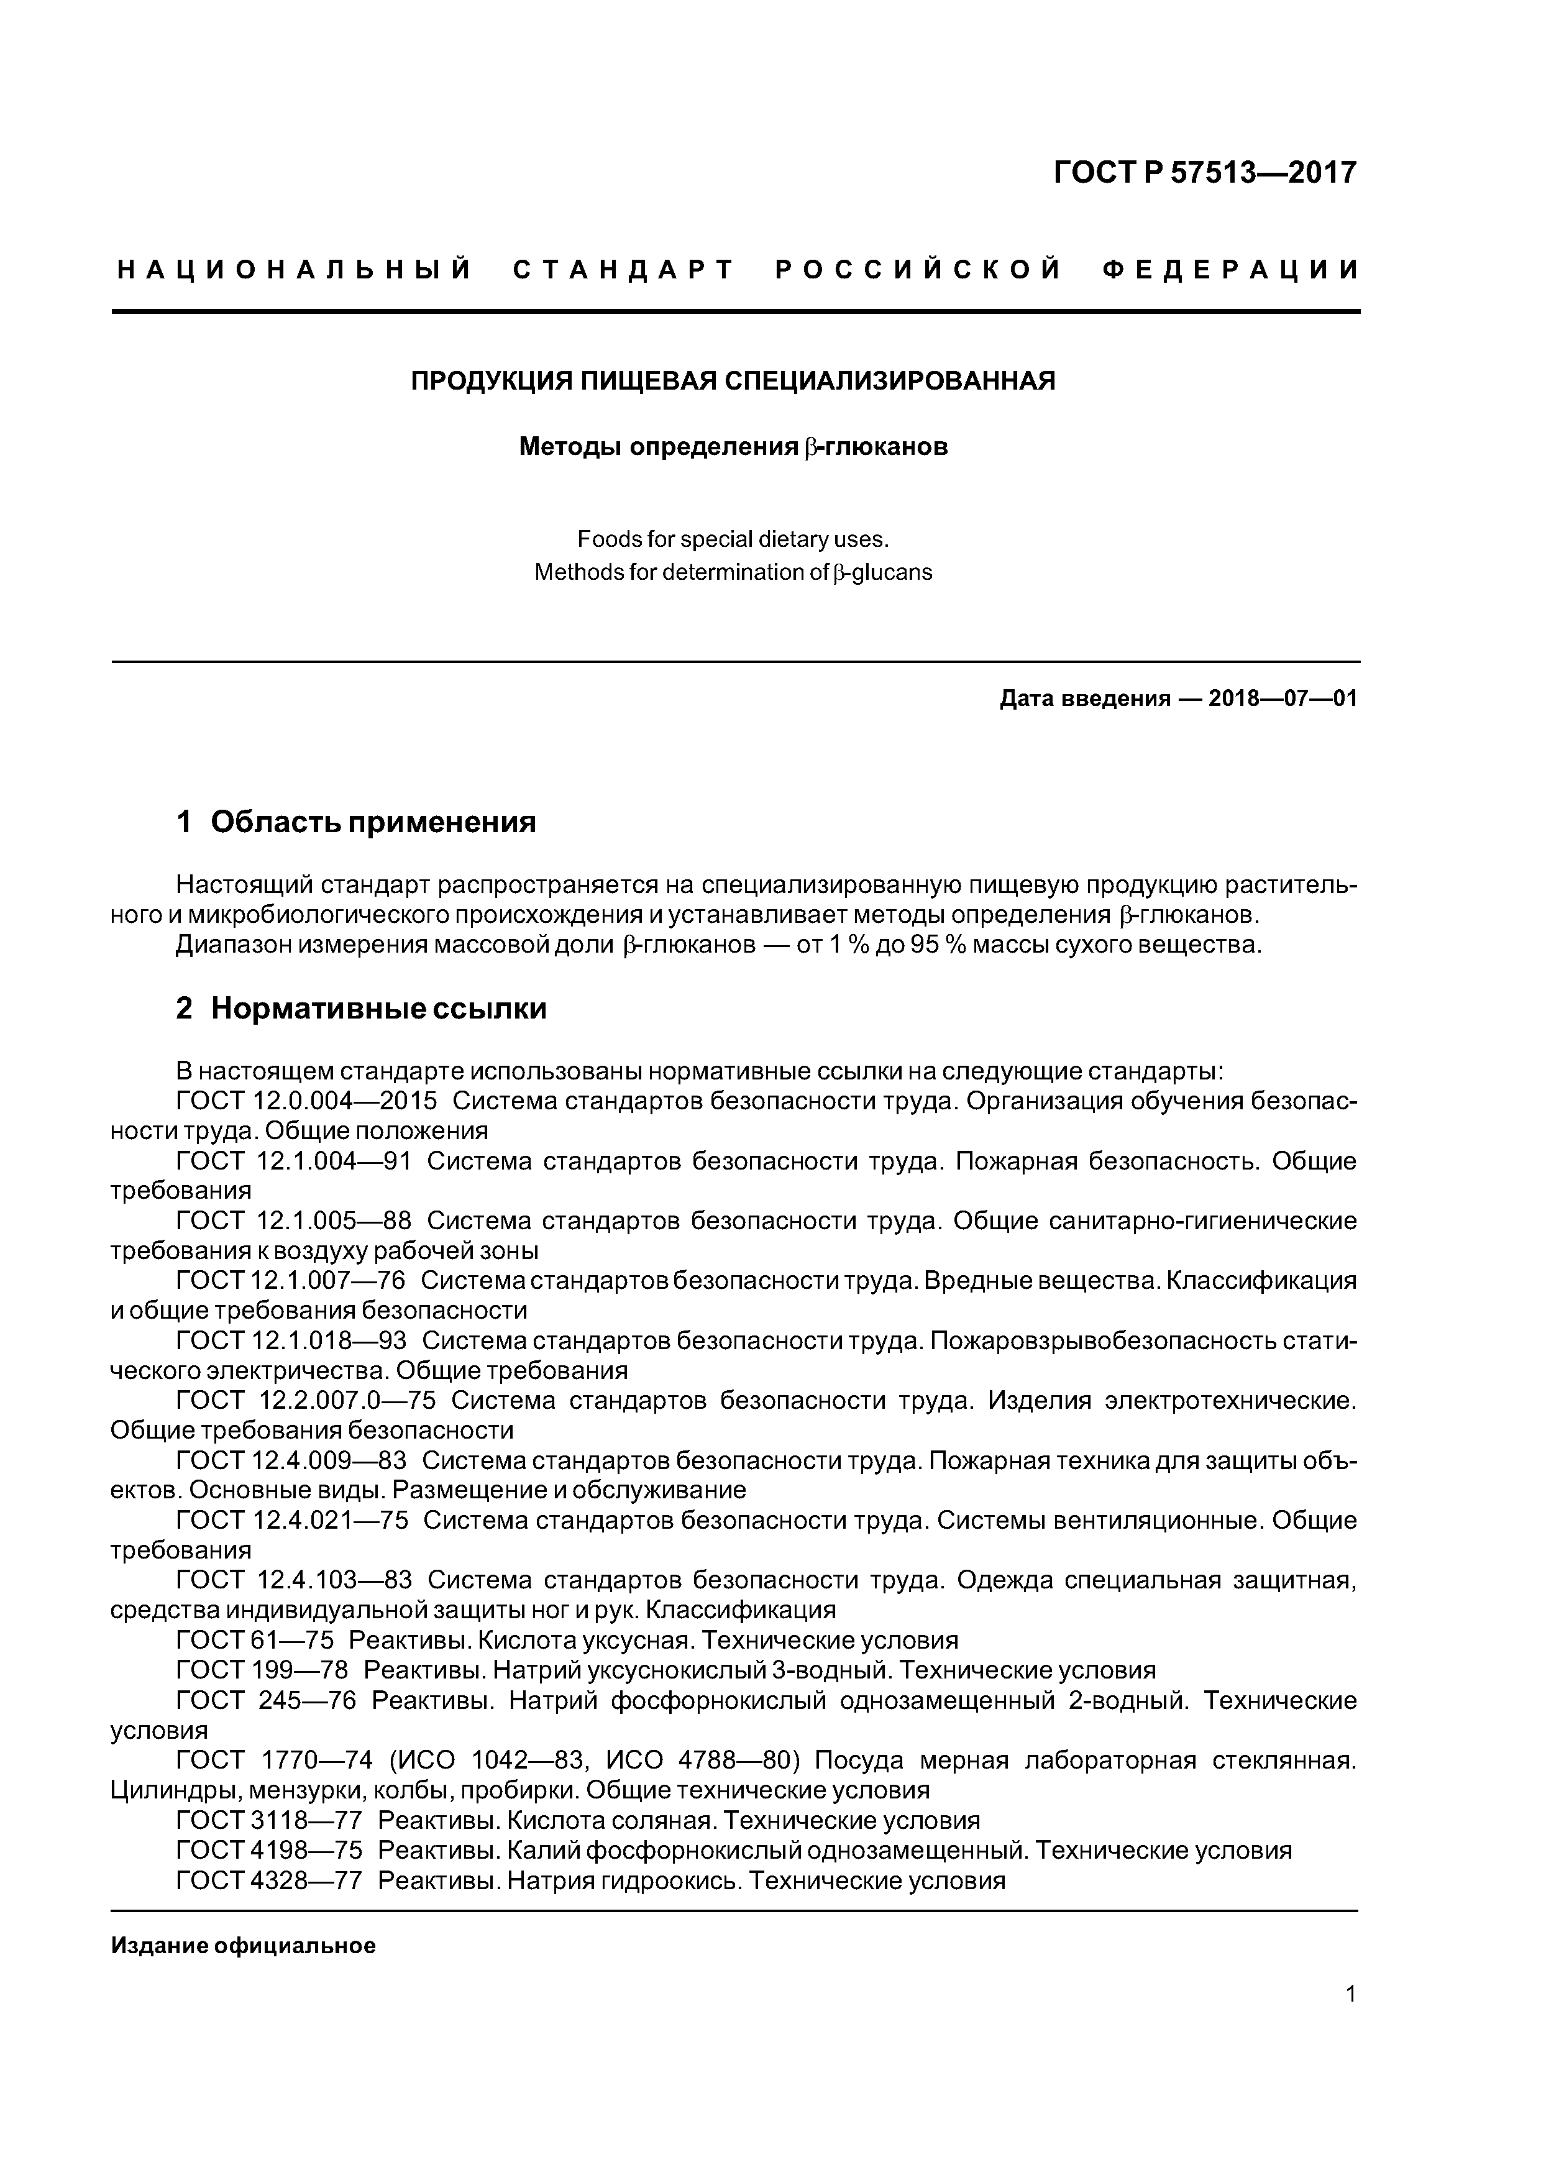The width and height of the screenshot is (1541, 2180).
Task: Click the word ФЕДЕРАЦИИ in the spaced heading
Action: (1230, 270)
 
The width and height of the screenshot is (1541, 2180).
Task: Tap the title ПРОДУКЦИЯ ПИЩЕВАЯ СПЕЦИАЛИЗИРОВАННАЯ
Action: (733, 382)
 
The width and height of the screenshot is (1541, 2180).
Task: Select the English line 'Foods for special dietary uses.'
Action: (733, 539)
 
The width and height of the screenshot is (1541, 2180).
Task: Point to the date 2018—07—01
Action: (1283, 699)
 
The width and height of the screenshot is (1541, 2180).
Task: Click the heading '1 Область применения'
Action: (356, 822)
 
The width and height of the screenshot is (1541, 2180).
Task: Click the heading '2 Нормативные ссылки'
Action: (361, 1009)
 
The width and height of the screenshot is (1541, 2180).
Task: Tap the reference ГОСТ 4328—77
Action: (268, 1880)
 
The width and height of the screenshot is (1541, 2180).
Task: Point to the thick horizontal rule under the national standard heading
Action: (736, 311)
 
